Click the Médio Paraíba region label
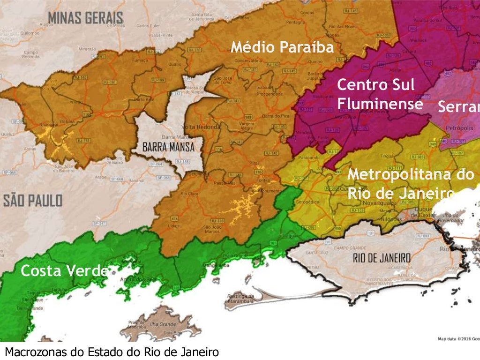(282, 47)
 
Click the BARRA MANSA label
(169, 147)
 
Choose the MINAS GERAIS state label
(85, 18)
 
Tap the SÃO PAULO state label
(33, 201)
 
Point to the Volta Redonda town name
(202, 127)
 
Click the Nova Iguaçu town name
(380, 203)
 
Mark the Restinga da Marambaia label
(240, 299)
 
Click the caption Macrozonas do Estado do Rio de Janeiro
(112, 352)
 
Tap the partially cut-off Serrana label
(458, 107)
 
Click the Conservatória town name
(248, 60)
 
